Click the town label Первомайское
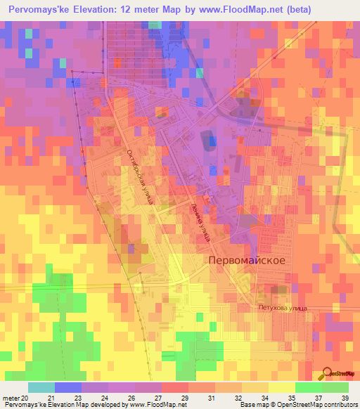[246, 260]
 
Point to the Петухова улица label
[280, 307]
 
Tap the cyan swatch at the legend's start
[41, 387]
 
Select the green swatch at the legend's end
[335, 387]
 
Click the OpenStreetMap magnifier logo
[327, 376]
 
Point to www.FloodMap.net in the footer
[152, 405]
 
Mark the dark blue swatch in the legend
[67, 387]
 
